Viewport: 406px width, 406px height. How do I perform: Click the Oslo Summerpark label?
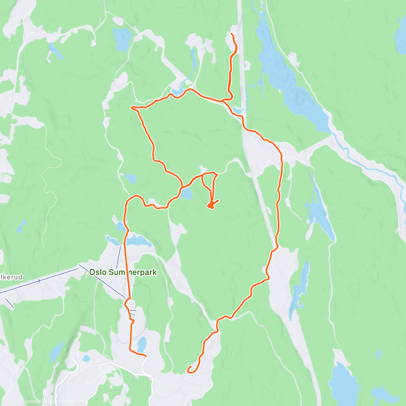tap(123, 272)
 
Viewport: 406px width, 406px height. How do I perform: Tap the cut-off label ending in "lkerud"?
tap(12, 277)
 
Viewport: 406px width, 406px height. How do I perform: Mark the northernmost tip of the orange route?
tap(231, 34)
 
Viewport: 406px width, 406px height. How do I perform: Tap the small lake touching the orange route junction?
tap(186, 194)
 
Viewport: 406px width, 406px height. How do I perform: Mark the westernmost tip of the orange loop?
tap(131, 108)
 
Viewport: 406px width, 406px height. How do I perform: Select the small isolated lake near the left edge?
tap(21, 226)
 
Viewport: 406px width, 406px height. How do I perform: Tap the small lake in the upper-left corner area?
tap(54, 51)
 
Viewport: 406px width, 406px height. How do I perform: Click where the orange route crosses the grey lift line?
tap(128, 299)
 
